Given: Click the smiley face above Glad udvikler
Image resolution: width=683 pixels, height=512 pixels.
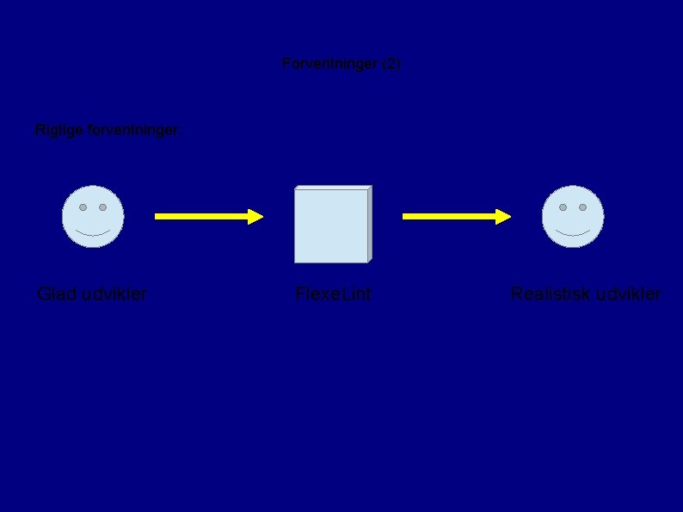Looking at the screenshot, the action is (x=93, y=217).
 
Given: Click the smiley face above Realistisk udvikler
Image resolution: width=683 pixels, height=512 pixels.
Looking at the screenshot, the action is (x=573, y=217).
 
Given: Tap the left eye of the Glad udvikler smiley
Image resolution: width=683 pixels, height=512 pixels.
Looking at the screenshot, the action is (x=83, y=207).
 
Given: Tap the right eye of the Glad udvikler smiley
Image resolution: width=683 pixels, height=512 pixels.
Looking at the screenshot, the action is (x=102, y=207).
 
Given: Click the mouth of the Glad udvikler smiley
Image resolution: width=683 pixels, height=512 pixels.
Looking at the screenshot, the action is (x=93, y=233).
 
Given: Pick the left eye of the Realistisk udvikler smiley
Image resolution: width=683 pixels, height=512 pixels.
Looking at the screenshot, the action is (x=563, y=207).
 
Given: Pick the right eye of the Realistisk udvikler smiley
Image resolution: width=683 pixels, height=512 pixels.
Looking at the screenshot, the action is (x=582, y=207).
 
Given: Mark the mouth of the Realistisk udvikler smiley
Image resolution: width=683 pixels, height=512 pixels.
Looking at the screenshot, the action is (x=573, y=233).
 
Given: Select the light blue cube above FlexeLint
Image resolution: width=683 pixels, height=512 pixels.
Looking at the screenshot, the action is (x=332, y=225).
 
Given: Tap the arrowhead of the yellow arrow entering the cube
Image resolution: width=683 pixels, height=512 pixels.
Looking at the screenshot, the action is (x=255, y=217).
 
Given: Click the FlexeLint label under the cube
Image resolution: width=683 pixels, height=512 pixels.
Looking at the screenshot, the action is (x=333, y=294).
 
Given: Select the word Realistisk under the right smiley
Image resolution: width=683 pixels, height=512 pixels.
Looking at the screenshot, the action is (x=547, y=294).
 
